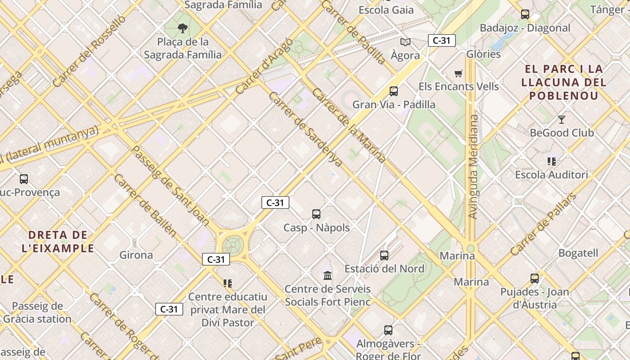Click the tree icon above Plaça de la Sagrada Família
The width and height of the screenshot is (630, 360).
click(x=183, y=28)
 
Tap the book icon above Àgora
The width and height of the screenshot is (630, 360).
click(x=405, y=42)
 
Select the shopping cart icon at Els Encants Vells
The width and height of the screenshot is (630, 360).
click(x=458, y=73)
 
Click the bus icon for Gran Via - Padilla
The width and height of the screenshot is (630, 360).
click(x=394, y=91)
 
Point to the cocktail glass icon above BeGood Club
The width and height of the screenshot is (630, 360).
click(x=561, y=120)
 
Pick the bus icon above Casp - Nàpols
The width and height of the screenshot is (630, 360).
click(x=316, y=214)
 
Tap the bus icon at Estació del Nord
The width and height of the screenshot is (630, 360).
click(x=384, y=256)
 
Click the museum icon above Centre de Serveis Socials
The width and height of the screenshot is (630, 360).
click(x=328, y=275)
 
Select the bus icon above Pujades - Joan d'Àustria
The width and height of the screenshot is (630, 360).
click(x=535, y=279)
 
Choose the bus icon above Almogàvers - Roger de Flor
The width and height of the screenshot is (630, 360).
click(x=388, y=330)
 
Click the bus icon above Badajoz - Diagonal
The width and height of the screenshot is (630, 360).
click(x=525, y=14)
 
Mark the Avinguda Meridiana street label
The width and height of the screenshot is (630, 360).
click(x=473, y=166)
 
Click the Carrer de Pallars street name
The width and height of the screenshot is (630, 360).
click(x=543, y=225)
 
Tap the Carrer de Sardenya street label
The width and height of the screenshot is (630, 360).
click(x=305, y=129)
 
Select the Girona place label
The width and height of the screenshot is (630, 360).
click(x=136, y=255)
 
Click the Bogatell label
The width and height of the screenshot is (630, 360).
click(x=578, y=253)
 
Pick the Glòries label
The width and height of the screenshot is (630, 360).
click(x=483, y=54)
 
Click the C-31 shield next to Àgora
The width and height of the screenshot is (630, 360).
click(x=441, y=40)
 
